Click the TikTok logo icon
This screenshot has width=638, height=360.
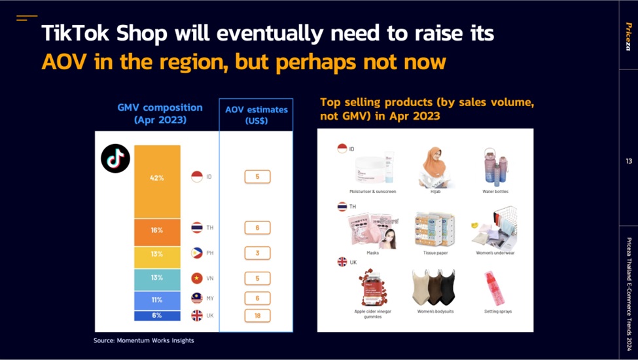[115, 158]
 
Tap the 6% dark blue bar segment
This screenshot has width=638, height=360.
[157, 315]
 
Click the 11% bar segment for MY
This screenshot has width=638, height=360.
[157, 300]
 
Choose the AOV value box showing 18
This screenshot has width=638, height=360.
[257, 315]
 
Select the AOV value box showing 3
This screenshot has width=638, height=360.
[257, 253]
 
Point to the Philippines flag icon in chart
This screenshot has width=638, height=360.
[196, 253]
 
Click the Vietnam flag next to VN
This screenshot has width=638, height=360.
[196, 278]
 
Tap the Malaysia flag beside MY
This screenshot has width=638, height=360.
[196, 298]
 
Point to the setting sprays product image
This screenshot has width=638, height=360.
[495, 289]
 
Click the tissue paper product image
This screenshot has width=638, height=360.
[434, 230]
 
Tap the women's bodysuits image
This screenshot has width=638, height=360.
[435, 287]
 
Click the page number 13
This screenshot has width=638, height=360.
[628, 161]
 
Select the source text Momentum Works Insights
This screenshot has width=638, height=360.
[144, 340]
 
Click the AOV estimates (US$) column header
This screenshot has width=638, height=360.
[256, 115]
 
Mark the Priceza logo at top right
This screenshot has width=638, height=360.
[628, 36]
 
